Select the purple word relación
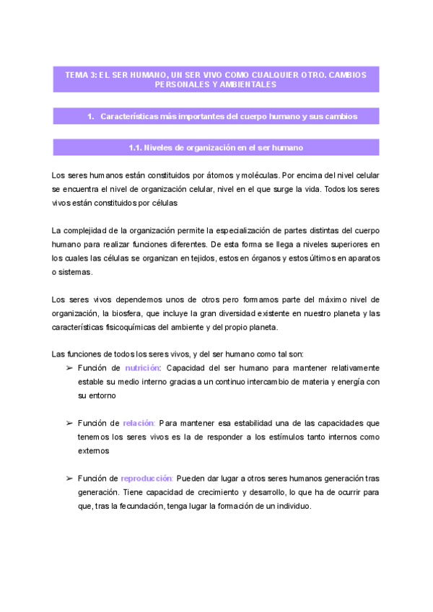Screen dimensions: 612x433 139,423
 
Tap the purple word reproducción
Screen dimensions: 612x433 146,478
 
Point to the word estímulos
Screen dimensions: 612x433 263,437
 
